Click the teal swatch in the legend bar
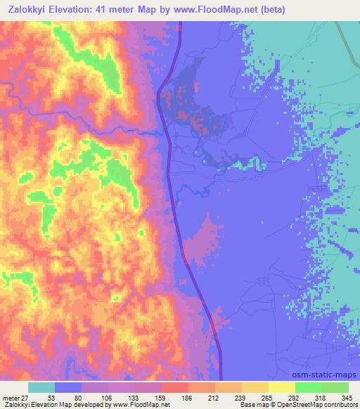point(41,388)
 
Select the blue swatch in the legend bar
point(68,388)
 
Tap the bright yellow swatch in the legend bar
point(282,388)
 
